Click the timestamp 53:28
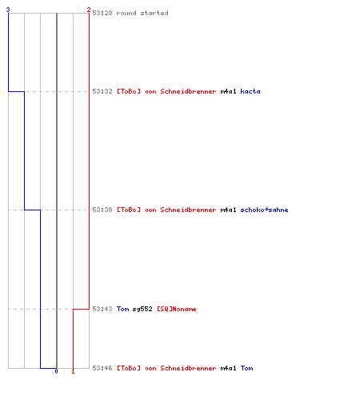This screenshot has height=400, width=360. [x=102, y=13]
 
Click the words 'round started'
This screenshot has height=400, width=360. [x=142, y=13]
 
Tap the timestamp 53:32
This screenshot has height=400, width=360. [x=102, y=91]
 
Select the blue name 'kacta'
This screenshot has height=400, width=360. [x=250, y=91]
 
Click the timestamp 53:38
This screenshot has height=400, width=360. [x=102, y=210]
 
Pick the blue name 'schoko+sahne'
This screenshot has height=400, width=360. [x=264, y=210]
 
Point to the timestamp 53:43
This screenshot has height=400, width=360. [x=102, y=309]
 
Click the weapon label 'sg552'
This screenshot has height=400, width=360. [x=142, y=309]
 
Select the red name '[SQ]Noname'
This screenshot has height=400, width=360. [x=177, y=309]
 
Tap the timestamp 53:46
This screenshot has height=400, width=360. [x=102, y=368]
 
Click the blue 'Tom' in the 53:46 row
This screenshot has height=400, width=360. [x=246, y=368]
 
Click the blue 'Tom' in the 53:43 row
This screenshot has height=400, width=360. [x=122, y=309]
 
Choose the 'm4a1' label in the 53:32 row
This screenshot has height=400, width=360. [x=228, y=91]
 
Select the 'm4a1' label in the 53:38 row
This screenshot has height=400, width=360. [x=228, y=210]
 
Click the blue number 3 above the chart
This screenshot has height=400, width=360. [x=8, y=10]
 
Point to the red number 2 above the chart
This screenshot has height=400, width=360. [x=89, y=10]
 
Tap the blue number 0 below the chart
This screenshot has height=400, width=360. [x=56, y=371]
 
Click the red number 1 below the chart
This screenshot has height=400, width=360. [x=73, y=371]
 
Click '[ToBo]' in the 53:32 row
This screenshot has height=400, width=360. [x=129, y=91]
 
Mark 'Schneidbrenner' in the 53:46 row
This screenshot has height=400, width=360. [x=188, y=368]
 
